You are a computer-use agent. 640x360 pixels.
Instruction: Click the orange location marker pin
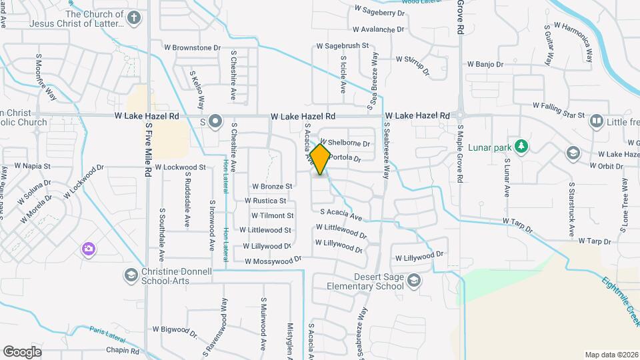[x=321, y=159]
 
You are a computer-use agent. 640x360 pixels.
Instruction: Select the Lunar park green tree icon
[x=523, y=146]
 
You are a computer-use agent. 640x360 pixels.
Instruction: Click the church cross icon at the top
[x=134, y=18]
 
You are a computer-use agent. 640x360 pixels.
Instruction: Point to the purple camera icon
[x=88, y=249]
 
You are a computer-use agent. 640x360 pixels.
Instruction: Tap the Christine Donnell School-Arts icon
[x=131, y=275]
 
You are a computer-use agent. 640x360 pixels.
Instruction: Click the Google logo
[x=22, y=351]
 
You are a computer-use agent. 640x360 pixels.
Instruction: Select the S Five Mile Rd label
[x=147, y=153]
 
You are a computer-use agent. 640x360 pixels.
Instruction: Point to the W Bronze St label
[x=272, y=186]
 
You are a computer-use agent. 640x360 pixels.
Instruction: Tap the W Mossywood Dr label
[x=273, y=261]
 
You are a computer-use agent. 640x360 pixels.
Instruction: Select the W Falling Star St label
[x=558, y=105]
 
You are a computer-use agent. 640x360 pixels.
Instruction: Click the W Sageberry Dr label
[x=380, y=11]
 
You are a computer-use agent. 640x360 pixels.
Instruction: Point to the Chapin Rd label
[x=122, y=349]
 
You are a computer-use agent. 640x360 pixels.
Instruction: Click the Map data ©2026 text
[x=611, y=355]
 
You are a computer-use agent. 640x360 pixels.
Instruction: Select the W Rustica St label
[x=265, y=200]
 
